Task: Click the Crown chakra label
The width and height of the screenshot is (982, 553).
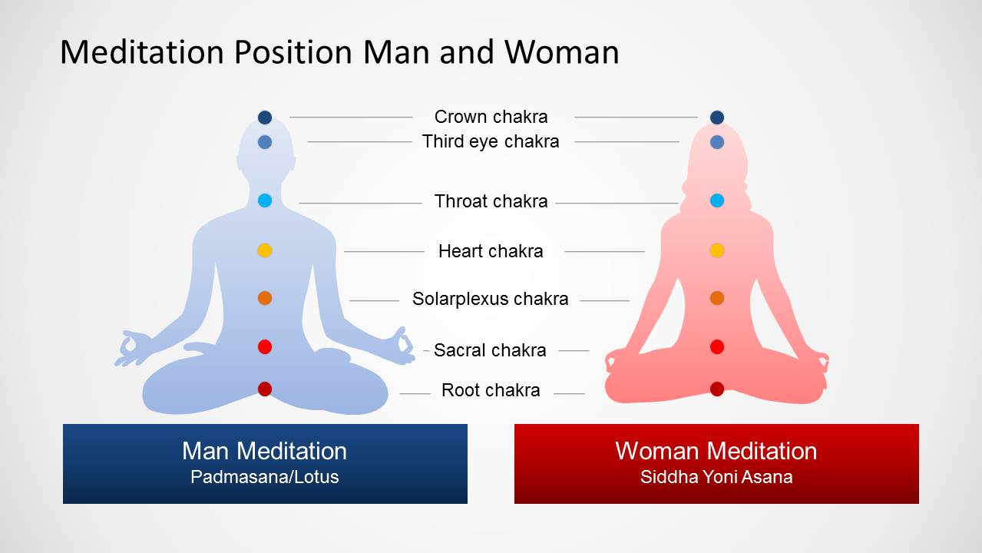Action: [491, 117]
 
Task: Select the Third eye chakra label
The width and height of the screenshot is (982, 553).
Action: [491, 142]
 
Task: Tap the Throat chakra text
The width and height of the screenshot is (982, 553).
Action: [491, 201]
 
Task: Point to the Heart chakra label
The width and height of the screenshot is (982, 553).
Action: [491, 251]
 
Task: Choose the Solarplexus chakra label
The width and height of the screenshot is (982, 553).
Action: [490, 299]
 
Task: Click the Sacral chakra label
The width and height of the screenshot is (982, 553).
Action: [490, 350]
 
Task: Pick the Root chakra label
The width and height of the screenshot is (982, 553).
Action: [491, 390]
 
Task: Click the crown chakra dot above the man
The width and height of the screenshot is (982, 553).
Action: [265, 118]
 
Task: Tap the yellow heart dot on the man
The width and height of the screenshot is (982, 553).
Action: [265, 250]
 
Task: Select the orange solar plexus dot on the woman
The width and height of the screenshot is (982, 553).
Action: [717, 298]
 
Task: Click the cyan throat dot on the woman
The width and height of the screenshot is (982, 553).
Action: [717, 200]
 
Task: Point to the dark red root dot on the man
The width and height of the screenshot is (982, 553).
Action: [265, 389]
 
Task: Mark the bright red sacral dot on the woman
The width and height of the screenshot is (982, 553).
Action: [717, 347]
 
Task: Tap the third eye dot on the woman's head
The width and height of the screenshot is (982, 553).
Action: [717, 142]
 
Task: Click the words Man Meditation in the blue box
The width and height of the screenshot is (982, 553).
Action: [265, 451]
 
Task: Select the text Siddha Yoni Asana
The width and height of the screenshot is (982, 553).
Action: [716, 477]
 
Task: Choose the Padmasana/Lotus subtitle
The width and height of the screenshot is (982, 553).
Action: [265, 477]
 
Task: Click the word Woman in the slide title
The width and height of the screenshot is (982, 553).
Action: [562, 52]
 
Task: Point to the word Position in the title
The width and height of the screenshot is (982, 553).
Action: [293, 52]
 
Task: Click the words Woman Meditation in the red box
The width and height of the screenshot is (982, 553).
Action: [716, 451]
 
